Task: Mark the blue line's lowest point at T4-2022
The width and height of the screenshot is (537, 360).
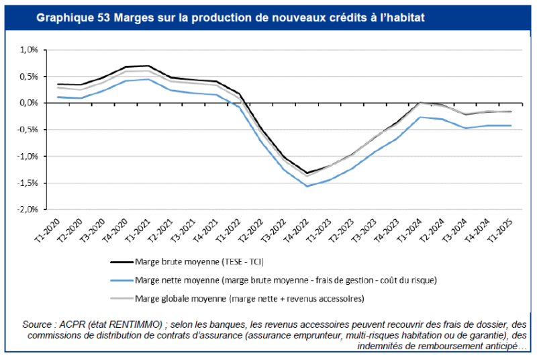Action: (307, 186)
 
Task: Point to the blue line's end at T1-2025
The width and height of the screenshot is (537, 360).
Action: (511, 126)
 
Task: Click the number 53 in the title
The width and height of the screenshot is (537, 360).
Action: (103, 15)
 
